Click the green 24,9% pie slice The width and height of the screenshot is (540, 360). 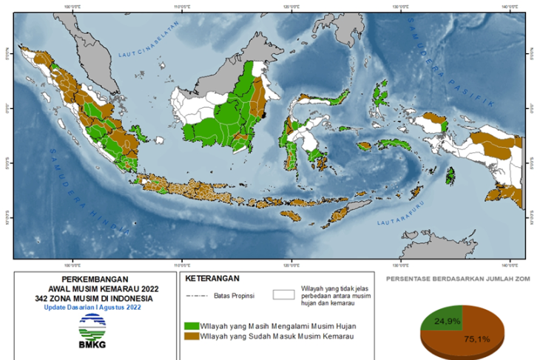click(x=442, y=319)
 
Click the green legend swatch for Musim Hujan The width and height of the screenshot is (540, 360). click(x=192, y=325)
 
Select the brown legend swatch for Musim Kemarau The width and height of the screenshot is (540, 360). click(x=192, y=336)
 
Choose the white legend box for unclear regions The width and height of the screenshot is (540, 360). click(x=284, y=294)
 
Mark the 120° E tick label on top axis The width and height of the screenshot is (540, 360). click(x=291, y=7)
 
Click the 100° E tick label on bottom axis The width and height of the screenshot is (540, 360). click(x=72, y=264)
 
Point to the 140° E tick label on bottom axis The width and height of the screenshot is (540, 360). click(x=507, y=264)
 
